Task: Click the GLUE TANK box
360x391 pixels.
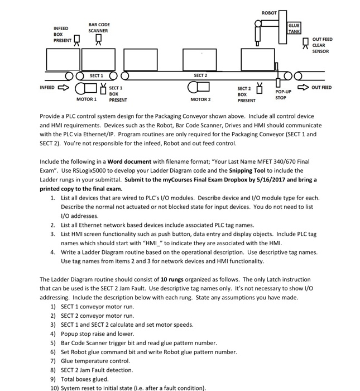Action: point(294,28)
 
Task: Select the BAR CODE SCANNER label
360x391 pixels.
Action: point(99,27)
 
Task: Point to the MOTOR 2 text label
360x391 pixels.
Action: point(200,99)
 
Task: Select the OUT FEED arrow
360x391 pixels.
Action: point(305,87)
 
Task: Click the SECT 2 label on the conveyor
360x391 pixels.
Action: point(200,75)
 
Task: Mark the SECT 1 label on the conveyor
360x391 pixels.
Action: point(96,75)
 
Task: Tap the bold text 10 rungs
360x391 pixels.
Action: point(171,279)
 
